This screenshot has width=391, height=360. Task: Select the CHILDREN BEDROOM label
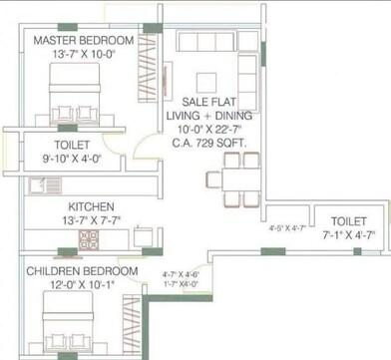click(82, 271)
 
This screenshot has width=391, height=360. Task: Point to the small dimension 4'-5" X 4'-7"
click(287, 228)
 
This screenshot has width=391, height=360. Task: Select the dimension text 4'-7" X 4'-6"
click(181, 273)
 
